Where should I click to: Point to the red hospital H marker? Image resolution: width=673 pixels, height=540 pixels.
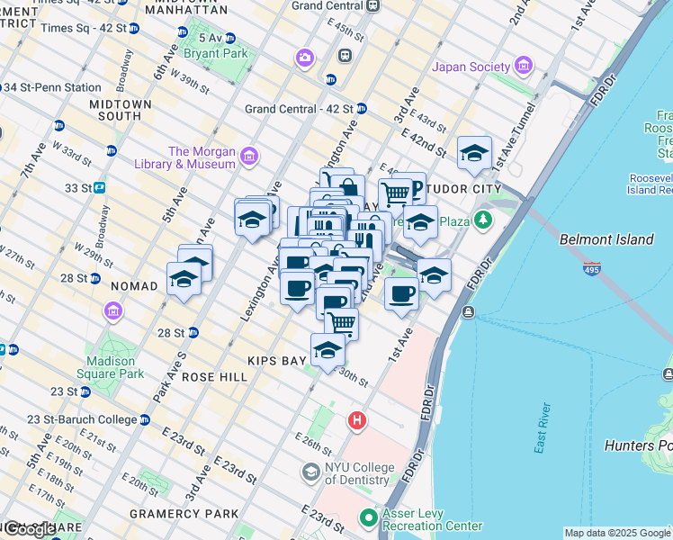pos(357,420)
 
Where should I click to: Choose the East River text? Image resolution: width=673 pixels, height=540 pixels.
pos(543,433)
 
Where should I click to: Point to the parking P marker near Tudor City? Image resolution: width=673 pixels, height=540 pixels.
pos(413,190)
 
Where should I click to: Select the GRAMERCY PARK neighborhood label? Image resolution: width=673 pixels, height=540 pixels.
pos(195,513)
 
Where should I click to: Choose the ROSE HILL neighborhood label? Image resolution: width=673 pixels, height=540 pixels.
pos(214,378)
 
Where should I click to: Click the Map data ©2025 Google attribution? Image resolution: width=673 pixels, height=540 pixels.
pos(617,533)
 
